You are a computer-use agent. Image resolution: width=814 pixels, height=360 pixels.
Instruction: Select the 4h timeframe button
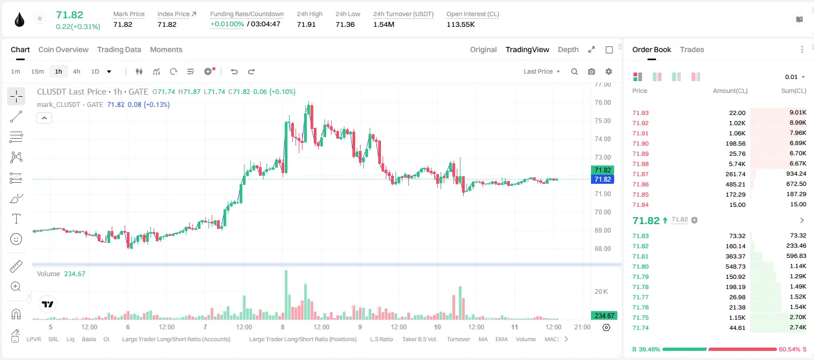click(76, 71)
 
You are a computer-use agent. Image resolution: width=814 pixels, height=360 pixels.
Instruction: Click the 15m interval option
click(37, 71)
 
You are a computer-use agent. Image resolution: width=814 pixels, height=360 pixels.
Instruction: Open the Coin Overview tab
click(63, 49)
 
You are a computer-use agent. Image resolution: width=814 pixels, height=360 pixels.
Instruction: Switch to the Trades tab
click(692, 49)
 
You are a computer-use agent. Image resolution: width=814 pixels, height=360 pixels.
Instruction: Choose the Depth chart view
click(568, 49)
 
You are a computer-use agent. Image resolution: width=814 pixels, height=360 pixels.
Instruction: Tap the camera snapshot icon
click(592, 71)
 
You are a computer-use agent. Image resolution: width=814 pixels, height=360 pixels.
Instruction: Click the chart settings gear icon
click(609, 71)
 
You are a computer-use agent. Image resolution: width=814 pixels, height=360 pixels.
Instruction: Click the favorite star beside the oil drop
click(40, 18)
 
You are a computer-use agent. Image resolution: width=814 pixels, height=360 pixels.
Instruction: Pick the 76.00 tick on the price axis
click(602, 103)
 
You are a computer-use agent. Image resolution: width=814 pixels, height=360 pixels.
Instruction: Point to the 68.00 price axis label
click(602, 248)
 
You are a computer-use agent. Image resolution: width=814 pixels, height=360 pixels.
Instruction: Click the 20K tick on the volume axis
click(601, 291)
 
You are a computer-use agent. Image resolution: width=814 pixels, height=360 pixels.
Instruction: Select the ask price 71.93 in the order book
click(640, 113)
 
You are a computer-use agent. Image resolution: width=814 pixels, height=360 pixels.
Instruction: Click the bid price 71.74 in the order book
click(640, 328)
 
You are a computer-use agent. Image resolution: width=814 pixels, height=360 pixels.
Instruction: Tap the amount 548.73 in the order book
click(735, 267)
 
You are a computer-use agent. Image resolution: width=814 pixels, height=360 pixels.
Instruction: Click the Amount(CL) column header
click(730, 91)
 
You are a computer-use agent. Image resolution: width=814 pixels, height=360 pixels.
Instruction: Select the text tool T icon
click(16, 219)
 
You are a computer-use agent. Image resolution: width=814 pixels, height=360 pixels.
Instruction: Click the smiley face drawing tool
click(16, 239)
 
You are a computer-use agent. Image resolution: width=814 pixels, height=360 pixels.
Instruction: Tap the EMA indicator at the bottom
click(501, 339)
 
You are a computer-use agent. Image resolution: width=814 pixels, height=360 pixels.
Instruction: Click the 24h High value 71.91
click(306, 24)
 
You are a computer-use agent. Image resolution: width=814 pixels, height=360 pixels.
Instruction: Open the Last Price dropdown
click(542, 71)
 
